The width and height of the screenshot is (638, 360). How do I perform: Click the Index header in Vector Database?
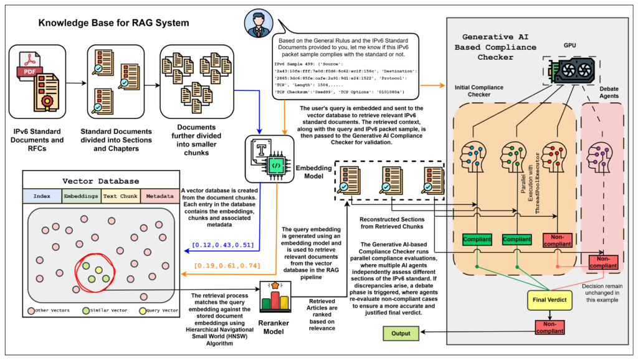(x=42, y=196)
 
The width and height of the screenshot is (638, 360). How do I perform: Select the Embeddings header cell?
(x=81, y=196)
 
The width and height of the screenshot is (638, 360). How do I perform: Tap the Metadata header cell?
(x=159, y=196)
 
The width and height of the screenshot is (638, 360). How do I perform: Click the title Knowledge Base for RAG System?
(x=113, y=24)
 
